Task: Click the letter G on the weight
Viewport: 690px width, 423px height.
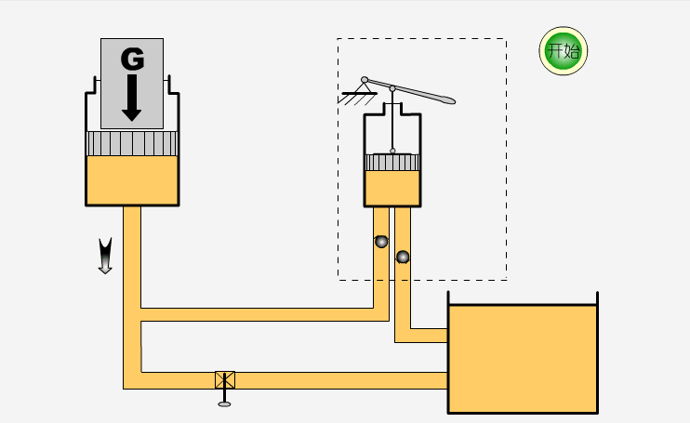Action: (132, 59)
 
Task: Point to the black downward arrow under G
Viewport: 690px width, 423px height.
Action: (131, 98)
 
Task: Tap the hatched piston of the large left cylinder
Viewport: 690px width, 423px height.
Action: (131, 143)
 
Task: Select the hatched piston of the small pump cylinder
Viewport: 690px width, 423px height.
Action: (392, 163)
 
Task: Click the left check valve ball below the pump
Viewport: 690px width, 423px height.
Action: (381, 242)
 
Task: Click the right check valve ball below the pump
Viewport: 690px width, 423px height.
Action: (403, 257)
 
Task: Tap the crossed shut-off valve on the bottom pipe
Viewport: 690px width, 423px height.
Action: (225, 379)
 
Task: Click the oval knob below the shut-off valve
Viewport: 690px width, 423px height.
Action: (225, 403)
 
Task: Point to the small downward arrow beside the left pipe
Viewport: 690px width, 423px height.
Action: (105, 256)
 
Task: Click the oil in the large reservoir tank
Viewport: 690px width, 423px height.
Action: (522, 358)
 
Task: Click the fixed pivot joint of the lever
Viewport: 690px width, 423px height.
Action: (365, 79)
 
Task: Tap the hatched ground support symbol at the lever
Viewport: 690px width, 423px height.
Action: (354, 95)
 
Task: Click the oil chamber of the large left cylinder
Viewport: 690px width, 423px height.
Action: (131, 179)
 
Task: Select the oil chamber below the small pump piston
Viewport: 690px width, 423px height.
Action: (392, 188)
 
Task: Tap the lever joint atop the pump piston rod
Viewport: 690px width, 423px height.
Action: (392, 89)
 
